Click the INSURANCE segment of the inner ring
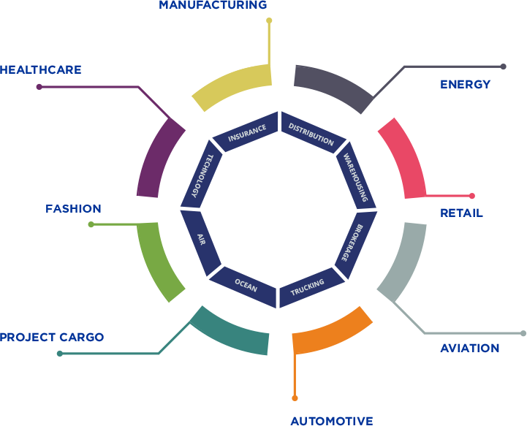tap(246, 133)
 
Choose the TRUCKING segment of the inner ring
tap(307, 287)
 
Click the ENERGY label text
tap(465, 85)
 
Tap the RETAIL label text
tap(461, 213)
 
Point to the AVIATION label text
tap(469, 348)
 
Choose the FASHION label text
tap(73, 209)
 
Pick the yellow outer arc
tap(230, 84)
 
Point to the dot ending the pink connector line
tap(472, 196)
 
